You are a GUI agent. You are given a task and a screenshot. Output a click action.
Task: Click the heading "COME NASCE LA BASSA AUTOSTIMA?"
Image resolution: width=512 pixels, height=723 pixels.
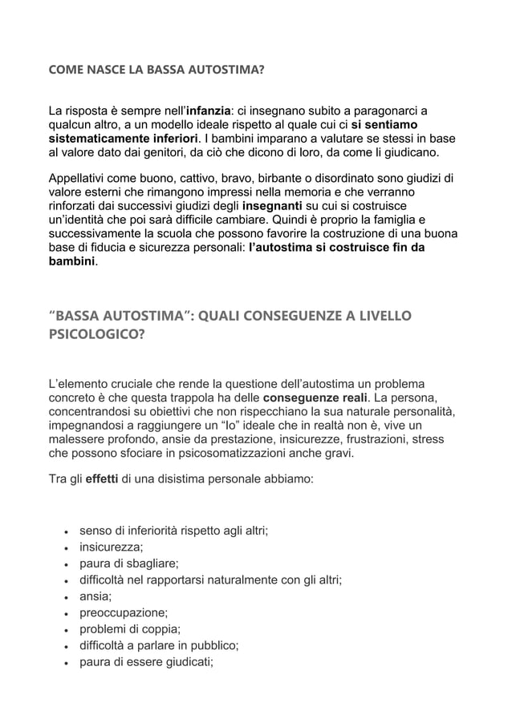[156, 71]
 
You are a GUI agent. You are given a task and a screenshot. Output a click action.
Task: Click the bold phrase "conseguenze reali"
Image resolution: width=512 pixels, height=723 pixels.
[315, 398]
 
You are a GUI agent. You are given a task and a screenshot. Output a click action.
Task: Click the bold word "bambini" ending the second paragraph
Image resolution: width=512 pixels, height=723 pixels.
[71, 262]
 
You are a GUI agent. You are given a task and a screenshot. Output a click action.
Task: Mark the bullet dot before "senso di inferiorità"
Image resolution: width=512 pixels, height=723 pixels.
[63, 532]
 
